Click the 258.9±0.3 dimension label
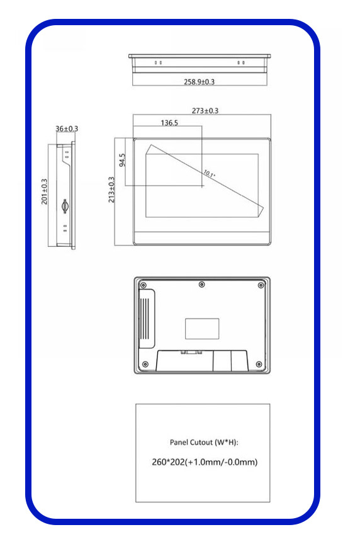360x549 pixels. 199,82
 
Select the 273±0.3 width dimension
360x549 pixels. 205,111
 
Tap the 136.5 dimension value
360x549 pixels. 169,123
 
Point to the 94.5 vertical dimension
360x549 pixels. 122,160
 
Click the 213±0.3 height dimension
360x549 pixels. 111,190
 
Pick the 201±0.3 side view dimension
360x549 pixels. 44,192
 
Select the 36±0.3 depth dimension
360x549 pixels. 67,129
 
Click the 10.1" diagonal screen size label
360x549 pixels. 209,174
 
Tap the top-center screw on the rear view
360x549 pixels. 202,285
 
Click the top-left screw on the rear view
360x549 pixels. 143,285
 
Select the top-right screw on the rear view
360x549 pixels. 261,285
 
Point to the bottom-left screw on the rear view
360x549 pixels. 145,365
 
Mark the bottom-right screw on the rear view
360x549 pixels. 259,365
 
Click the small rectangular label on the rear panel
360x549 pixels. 202,329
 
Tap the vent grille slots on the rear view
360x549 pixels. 147,319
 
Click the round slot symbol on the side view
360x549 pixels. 65,206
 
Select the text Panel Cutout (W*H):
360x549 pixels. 204,442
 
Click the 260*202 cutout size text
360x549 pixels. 168,462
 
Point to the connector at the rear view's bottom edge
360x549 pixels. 191,352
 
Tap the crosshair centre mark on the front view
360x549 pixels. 202,186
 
